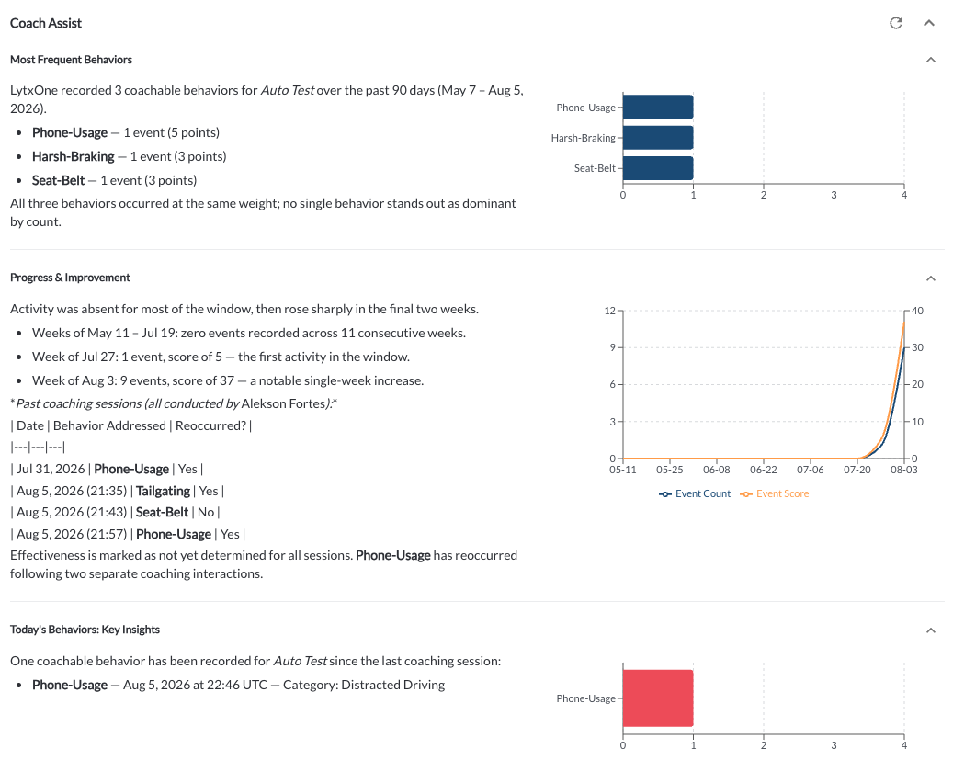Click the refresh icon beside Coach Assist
pos(896,23)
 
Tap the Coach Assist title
pos(46,23)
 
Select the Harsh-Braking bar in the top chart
pos(658,138)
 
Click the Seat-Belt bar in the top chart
pos(658,168)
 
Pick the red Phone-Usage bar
pos(658,698)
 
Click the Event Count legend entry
pos(695,493)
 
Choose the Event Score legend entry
pos(775,493)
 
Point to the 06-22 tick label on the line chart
pos(764,470)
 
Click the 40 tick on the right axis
pos(917,311)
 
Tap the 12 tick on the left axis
pos(609,311)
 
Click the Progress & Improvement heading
pos(70,278)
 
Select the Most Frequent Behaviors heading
pos(71,60)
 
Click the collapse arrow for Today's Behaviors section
pos(931,630)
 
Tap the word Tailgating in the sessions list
pos(163,491)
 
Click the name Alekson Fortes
pos(284,403)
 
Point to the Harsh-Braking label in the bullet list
pos(73,156)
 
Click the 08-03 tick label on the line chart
pos(903,470)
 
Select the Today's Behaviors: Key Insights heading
pos(85,630)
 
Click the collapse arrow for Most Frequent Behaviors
pos(931,60)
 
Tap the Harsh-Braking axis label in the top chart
pos(584,138)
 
